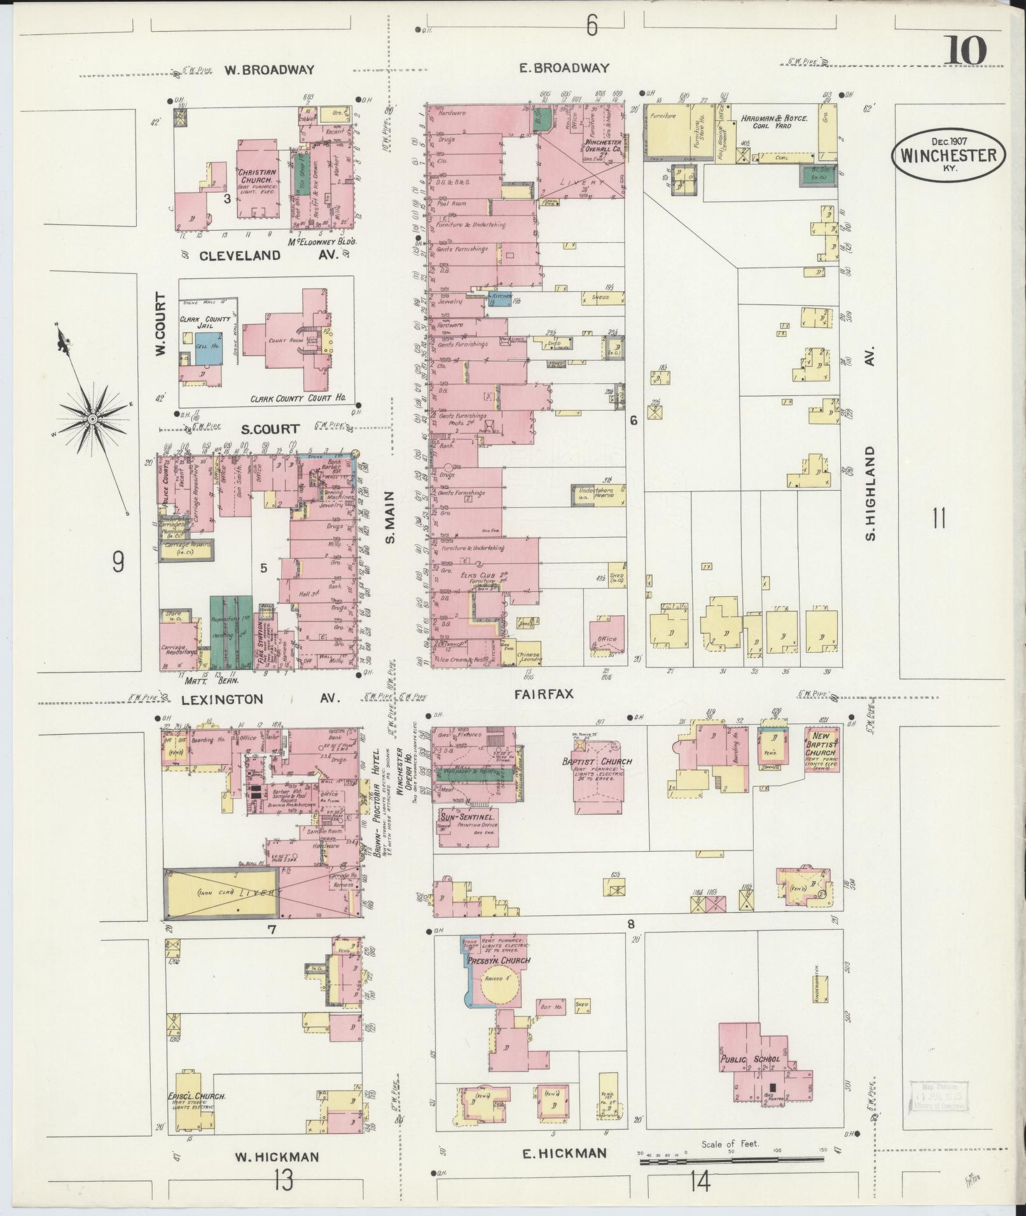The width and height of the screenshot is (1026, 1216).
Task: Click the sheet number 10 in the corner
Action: [965, 50]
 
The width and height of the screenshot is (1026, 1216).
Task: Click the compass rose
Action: [93, 419]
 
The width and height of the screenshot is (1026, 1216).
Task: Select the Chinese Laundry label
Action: [528, 657]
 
